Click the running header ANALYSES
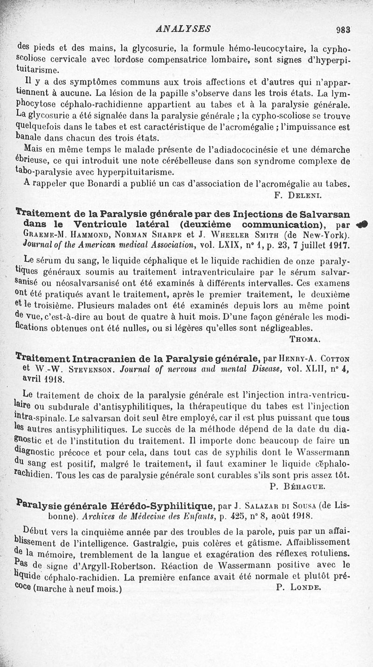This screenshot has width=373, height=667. (184, 29)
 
